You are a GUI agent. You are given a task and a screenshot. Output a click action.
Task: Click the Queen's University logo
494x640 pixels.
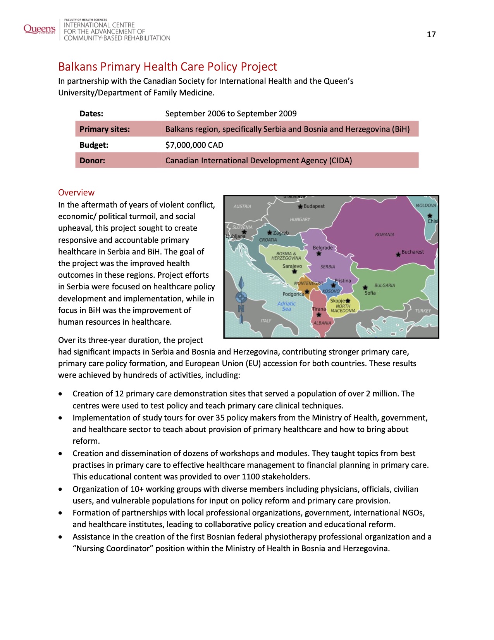[40, 29]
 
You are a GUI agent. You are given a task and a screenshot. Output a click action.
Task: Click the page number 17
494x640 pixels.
[431, 35]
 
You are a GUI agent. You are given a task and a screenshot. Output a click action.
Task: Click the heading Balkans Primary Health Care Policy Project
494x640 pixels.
[167, 67]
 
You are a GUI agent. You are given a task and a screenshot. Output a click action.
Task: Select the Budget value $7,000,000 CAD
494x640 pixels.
[194, 145]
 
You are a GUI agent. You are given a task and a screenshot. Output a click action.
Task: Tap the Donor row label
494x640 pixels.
[92, 161]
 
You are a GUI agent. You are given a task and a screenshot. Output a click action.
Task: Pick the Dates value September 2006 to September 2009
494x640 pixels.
[231, 114]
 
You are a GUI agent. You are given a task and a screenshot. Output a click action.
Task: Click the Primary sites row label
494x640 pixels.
[105, 129]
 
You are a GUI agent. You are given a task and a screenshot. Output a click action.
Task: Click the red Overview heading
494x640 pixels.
[76, 192]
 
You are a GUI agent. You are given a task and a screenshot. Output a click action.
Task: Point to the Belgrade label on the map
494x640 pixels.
[323, 247]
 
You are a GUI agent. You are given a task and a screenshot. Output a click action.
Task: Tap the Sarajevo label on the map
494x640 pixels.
[292, 266]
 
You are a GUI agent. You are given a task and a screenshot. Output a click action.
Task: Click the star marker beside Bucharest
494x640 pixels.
[398, 255]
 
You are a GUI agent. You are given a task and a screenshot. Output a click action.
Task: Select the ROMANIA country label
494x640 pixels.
[384, 235]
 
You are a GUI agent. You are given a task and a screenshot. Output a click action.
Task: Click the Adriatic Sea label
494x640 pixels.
[286, 306]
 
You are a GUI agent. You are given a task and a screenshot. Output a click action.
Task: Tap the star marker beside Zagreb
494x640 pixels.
[270, 233]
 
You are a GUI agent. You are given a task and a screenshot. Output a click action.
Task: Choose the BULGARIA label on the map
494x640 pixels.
[384, 285]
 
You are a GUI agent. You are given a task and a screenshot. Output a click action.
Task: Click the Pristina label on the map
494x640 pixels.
[343, 280]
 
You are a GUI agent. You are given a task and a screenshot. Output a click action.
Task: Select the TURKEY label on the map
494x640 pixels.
[423, 311]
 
